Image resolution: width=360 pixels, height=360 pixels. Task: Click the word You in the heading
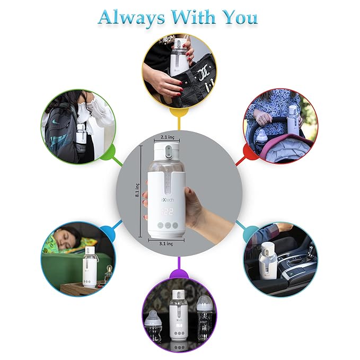pos(239,17)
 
